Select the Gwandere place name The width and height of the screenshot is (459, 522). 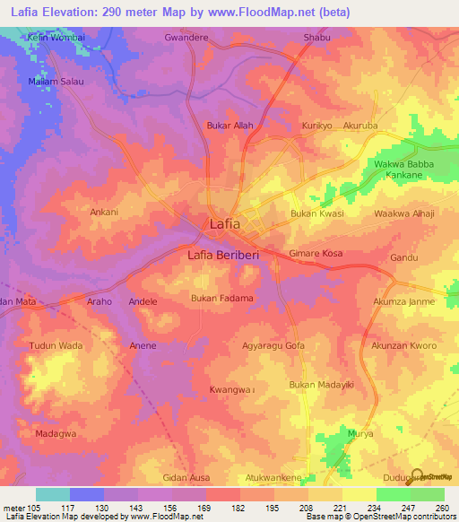point(186,38)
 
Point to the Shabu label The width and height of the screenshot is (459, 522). point(317,38)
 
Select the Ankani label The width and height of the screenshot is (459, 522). point(105,213)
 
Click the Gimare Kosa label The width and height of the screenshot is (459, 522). point(316,255)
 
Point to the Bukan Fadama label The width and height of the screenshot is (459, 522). point(221,298)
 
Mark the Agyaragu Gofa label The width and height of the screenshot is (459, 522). point(273,345)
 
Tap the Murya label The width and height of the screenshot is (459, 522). point(359,433)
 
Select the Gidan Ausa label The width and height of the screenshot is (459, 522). point(186,477)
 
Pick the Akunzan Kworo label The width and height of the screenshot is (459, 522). point(404,345)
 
